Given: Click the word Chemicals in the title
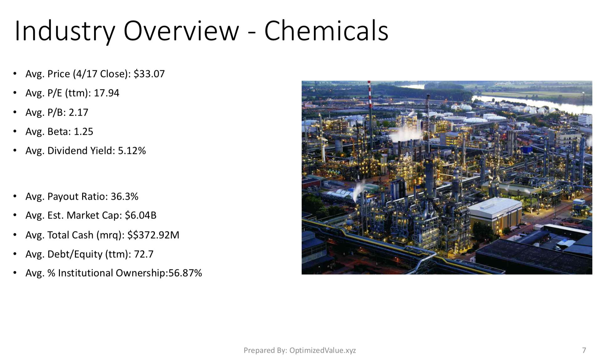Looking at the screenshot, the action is (326, 31).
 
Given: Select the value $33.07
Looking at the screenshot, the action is (149, 74).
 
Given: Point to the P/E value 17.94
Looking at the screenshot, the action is (107, 93).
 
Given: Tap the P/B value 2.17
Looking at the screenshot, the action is (78, 112).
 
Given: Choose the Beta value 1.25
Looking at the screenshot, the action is (83, 131).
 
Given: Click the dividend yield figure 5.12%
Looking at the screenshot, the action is (132, 151).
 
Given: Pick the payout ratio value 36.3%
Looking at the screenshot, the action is (124, 197).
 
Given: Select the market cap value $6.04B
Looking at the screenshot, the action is (140, 215).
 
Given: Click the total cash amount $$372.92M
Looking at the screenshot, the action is (153, 235).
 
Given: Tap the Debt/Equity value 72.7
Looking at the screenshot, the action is (144, 254).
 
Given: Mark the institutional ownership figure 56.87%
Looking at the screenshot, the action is (185, 273).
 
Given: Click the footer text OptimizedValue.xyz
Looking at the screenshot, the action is (323, 350).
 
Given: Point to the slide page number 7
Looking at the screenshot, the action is (584, 350).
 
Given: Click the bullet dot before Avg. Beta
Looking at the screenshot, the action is (15, 132).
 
